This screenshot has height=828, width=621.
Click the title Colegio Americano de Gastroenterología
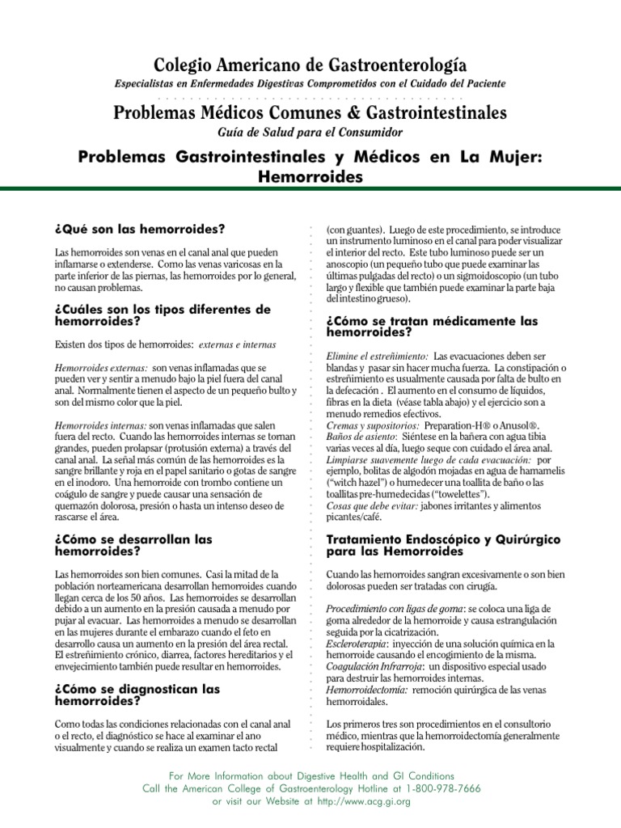[x=310, y=65]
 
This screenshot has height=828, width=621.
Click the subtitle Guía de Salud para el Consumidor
[x=310, y=132]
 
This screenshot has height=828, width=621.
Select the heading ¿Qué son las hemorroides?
[x=140, y=229]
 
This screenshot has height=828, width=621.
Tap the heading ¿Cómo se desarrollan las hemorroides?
[x=133, y=544]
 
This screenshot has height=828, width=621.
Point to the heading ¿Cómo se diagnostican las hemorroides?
[x=137, y=695]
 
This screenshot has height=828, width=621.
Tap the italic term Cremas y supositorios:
[x=373, y=425]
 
